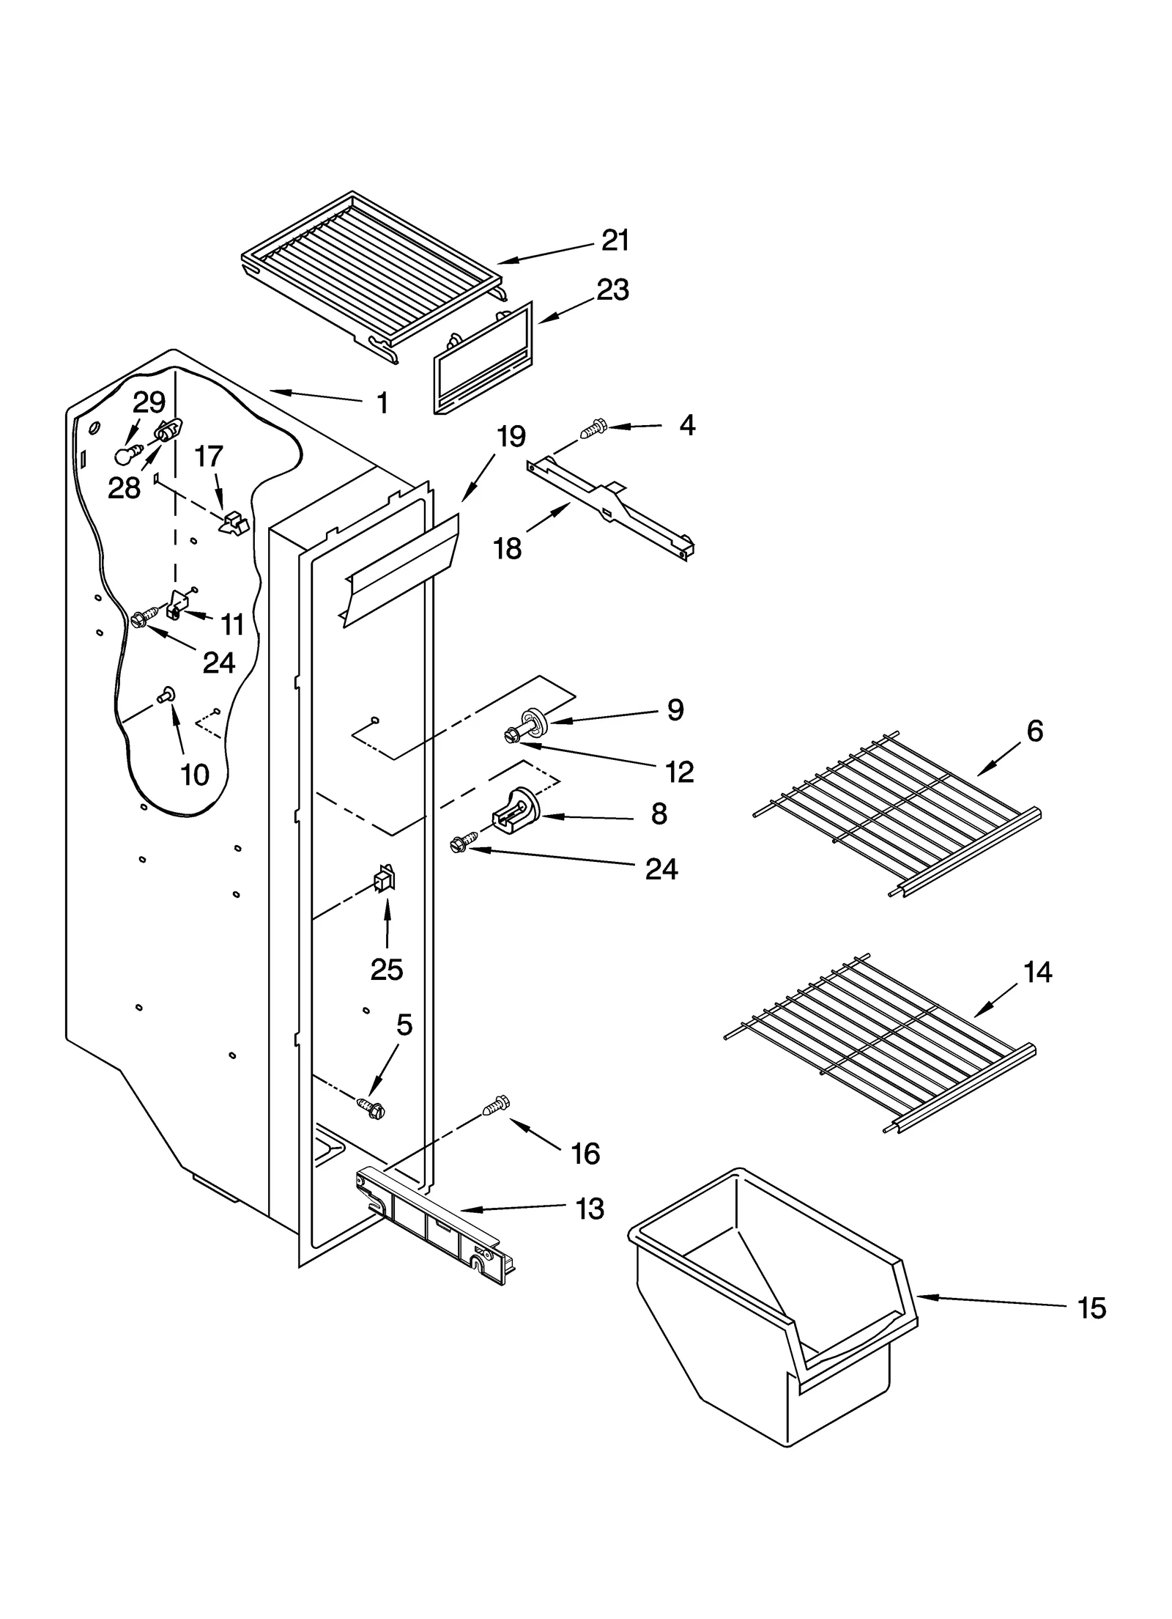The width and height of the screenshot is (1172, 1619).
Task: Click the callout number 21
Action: [x=615, y=241]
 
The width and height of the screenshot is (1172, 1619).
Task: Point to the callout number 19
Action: [x=511, y=437]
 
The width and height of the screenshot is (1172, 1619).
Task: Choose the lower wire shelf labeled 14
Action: [x=879, y=1044]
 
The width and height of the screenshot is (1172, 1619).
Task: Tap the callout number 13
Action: [x=590, y=1209]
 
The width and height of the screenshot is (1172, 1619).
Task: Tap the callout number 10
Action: [x=194, y=774]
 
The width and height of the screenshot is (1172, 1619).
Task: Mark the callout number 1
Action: [x=382, y=402]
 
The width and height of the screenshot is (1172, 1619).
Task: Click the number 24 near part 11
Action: [x=218, y=663]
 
